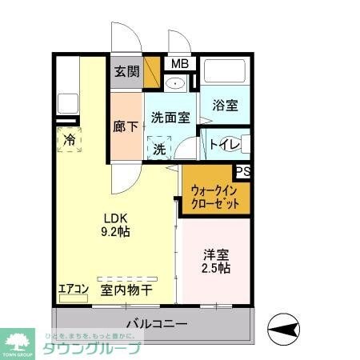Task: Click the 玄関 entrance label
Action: click(x=126, y=71)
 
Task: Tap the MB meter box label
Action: click(x=178, y=64)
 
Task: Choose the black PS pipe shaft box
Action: click(x=242, y=170)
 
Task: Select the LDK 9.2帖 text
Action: click(x=115, y=224)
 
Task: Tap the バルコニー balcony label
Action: click(x=158, y=324)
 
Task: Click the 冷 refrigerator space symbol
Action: click(x=68, y=138)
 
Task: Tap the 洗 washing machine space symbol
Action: click(x=159, y=149)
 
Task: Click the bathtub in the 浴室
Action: click(x=226, y=71)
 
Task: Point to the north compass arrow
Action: click(x=283, y=326)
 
